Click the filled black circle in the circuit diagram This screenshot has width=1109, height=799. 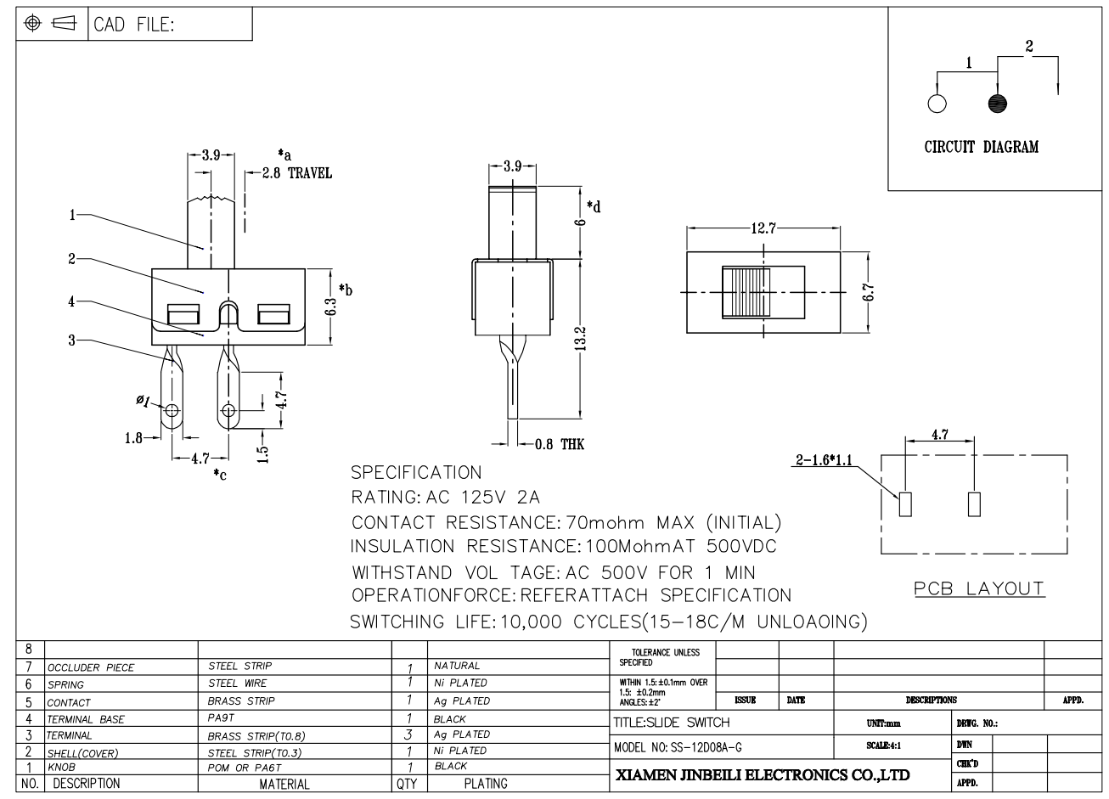tap(998, 104)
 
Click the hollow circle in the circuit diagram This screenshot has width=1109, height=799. tap(937, 104)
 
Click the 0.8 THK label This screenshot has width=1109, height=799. tap(560, 444)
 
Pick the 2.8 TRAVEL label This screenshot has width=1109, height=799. tap(296, 173)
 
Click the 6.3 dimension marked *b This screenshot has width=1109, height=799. tap(331, 306)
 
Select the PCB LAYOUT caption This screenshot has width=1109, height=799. tap(979, 588)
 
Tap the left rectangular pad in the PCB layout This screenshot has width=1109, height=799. tap(905, 504)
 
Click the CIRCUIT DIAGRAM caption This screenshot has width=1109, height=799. tap(981, 147)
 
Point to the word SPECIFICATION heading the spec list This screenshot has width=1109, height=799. tap(416, 473)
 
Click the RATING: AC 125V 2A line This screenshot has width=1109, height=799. tap(446, 497)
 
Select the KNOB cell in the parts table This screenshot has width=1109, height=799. tap(61, 766)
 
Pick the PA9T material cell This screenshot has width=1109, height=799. tap(222, 718)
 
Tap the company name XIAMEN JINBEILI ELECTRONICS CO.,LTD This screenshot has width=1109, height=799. tap(762, 774)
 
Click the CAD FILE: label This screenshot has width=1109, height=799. tap(134, 25)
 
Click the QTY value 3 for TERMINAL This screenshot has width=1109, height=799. tap(409, 734)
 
